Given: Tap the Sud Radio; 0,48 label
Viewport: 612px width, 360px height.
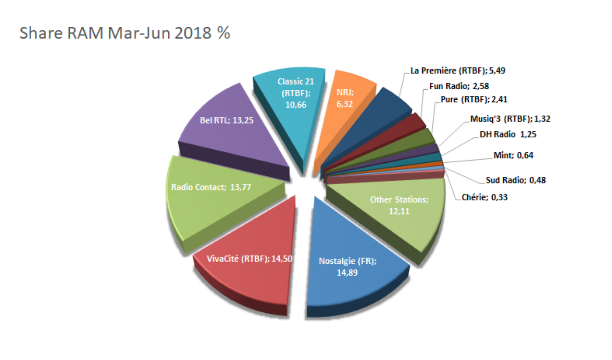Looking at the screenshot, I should tap(515, 180).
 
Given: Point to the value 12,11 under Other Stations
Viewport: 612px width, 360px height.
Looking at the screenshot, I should tap(398, 211).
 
